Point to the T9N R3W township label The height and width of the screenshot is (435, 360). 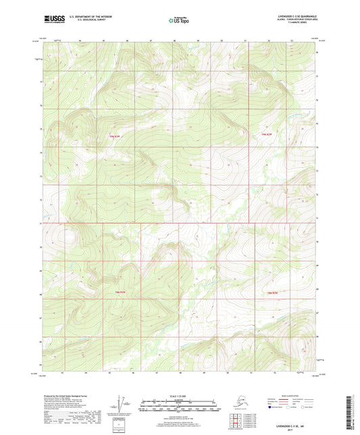tap(118, 135)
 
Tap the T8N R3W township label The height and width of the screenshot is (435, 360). tap(118, 292)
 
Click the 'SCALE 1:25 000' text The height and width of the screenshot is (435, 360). tap(179, 394)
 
